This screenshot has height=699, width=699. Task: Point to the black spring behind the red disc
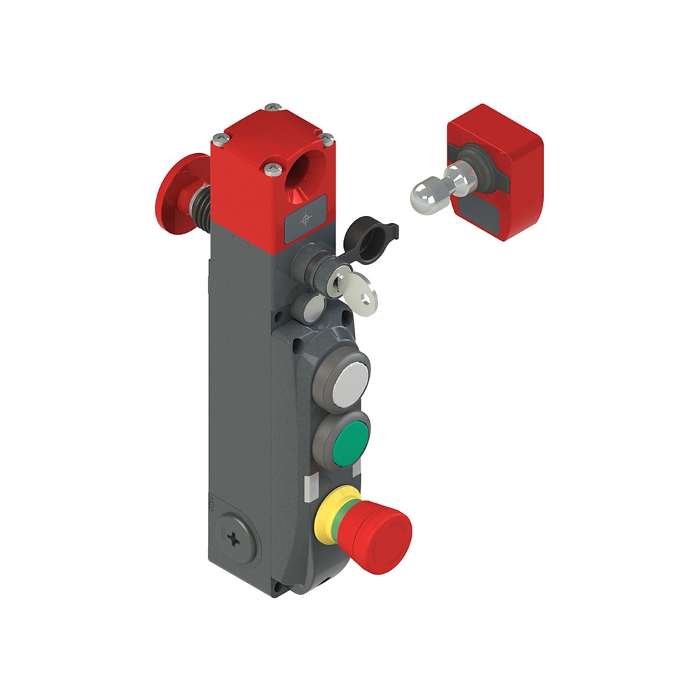(x=201, y=203)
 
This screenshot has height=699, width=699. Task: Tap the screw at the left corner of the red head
(x=219, y=138)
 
